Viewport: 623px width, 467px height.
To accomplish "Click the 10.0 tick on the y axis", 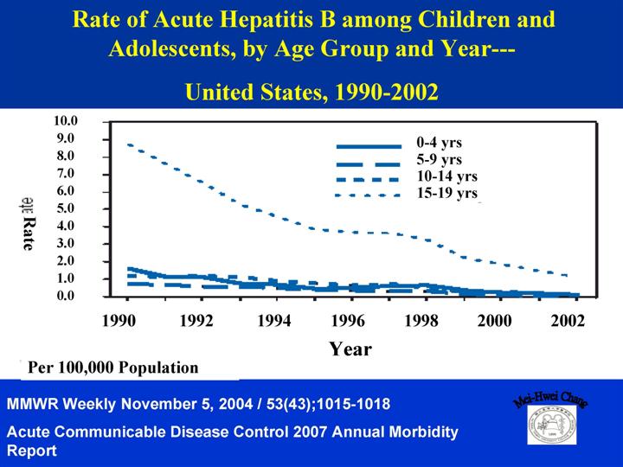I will pos(66,121).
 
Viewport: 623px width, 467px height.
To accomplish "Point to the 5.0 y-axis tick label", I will pos(66,208).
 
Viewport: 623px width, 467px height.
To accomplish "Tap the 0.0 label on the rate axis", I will pos(66,296).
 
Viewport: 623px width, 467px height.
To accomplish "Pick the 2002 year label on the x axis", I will pos(568,320).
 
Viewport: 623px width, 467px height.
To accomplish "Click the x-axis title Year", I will pos(350,349).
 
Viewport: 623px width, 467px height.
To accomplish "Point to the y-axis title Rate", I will pos(29,233).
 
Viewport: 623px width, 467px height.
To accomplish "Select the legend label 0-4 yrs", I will pos(439,143).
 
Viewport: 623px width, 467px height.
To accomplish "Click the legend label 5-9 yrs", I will pos(439,160).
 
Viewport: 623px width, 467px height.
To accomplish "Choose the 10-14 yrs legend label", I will pos(446,176).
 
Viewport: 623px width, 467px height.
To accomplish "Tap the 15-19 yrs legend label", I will pos(446,193).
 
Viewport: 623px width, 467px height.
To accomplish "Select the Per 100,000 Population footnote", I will pos(113,368).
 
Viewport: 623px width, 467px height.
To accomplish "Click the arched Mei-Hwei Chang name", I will pos(550,400).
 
